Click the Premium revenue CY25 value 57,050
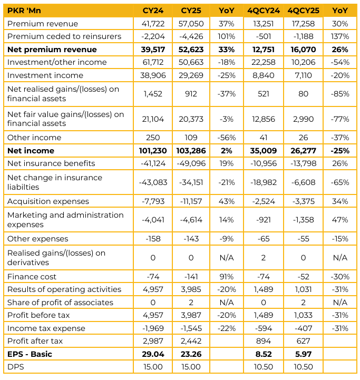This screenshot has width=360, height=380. (x=191, y=24)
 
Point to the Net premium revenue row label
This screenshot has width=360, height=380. (x=52, y=50)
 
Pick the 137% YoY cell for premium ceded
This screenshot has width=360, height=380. (x=340, y=36)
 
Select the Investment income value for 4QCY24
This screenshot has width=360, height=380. (x=264, y=75)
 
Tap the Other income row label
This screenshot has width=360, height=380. (x=34, y=138)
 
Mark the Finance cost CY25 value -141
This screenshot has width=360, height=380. (x=191, y=277)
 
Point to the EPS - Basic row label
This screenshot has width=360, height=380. (x=30, y=354)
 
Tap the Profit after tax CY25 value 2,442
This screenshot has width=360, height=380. (x=191, y=341)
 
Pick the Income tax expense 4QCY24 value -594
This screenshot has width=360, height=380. (x=264, y=328)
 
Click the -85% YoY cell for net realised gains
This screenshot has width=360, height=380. (x=340, y=94)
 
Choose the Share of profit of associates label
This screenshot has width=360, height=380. (x=60, y=303)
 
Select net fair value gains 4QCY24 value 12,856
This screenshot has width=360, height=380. (x=264, y=119)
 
